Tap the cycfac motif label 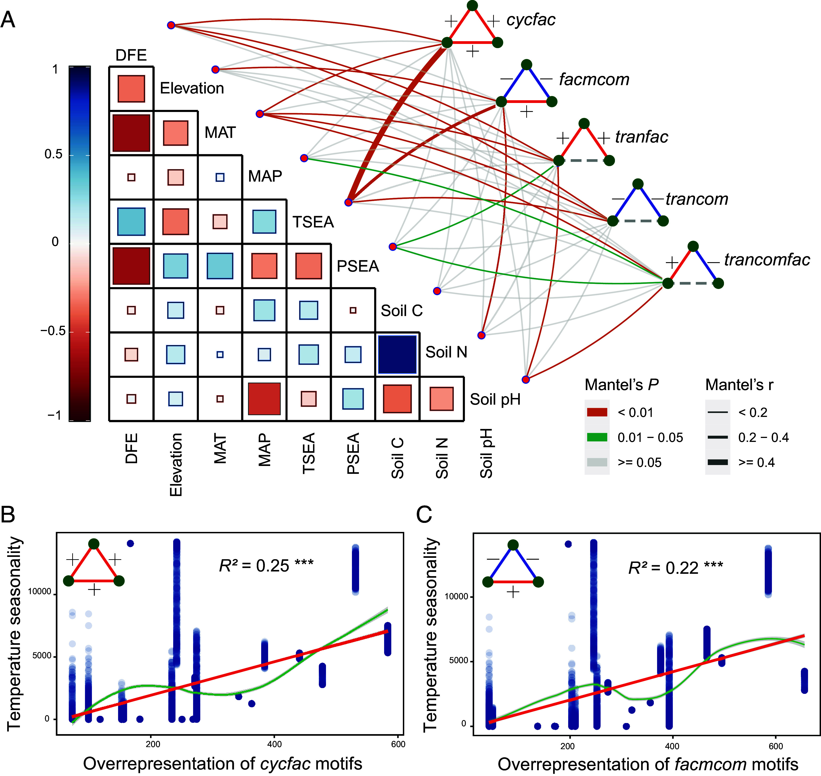[x=531, y=20]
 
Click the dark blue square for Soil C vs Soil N [x=397, y=354]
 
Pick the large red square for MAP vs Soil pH [x=264, y=399]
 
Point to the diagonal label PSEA [x=358, y=266]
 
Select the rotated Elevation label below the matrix [x=176, y=464]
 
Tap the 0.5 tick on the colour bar [x=54, y=155]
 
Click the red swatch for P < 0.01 [x=597, y=412]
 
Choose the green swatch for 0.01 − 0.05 [x=597, y=437]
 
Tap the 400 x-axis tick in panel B [x=275, y=744]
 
